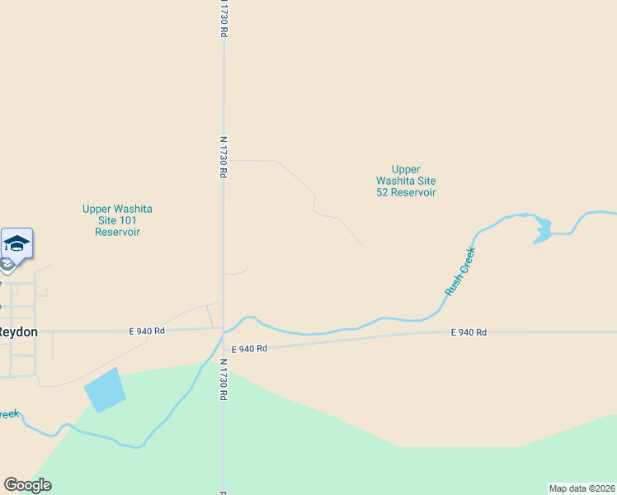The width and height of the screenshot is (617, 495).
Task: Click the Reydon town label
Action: click(x=18, y=332)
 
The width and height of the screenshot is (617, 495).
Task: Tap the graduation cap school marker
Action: click(x=16, y=243)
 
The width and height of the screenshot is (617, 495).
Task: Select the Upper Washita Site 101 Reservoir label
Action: click(x=117, y=220)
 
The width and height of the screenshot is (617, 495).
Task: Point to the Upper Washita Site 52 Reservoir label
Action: click(x=406, y=181)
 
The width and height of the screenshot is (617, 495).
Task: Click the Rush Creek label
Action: click(x=460, y=271)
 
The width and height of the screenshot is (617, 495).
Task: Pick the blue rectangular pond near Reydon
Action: click(x=104, y=390)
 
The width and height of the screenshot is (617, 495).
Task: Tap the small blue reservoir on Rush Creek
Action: click(x=542, y=230)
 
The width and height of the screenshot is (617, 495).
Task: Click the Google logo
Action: click(x=27, y=485)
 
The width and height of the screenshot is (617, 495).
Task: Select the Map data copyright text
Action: click(x=581, y=488)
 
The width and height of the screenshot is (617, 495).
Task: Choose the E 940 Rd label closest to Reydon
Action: click(x=148, y=331)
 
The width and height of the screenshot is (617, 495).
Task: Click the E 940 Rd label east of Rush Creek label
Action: click(x=469, y=332)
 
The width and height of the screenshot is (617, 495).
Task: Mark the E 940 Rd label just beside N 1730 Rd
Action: click(x=250, y=349)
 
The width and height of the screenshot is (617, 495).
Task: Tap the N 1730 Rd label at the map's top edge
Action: click(x=223, y=18)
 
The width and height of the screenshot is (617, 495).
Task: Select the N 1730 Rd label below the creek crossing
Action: click(x=223, y=379)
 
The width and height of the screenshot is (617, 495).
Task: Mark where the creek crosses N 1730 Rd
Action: click(x=224, y=332)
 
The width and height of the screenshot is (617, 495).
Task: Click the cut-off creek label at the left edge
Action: click(x=8, y=413)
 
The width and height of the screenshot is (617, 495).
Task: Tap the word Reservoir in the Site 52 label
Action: click(x=416, y=192)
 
